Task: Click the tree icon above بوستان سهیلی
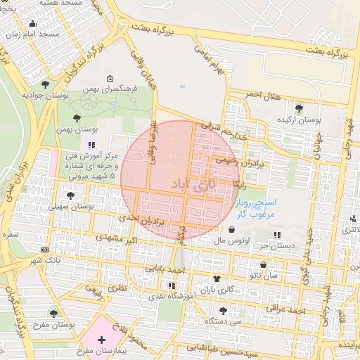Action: coord(70,195)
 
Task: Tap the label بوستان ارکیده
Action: coord(300,120)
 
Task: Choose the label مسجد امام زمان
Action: coord(39,34)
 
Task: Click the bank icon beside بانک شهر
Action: coord(45,250)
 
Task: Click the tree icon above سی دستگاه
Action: coord(223,310)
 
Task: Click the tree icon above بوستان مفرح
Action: coord(53,312)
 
